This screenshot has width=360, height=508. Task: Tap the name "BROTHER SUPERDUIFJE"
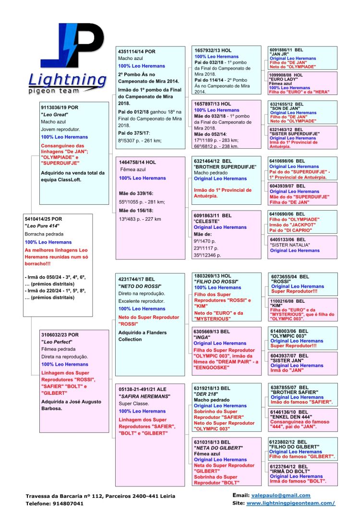tap(225, 166)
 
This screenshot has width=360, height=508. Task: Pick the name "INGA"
tap(203, 337)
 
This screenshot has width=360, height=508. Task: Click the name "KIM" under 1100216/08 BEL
tap(276, 305)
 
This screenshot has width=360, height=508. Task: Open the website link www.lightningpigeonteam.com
tap(290, 503)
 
